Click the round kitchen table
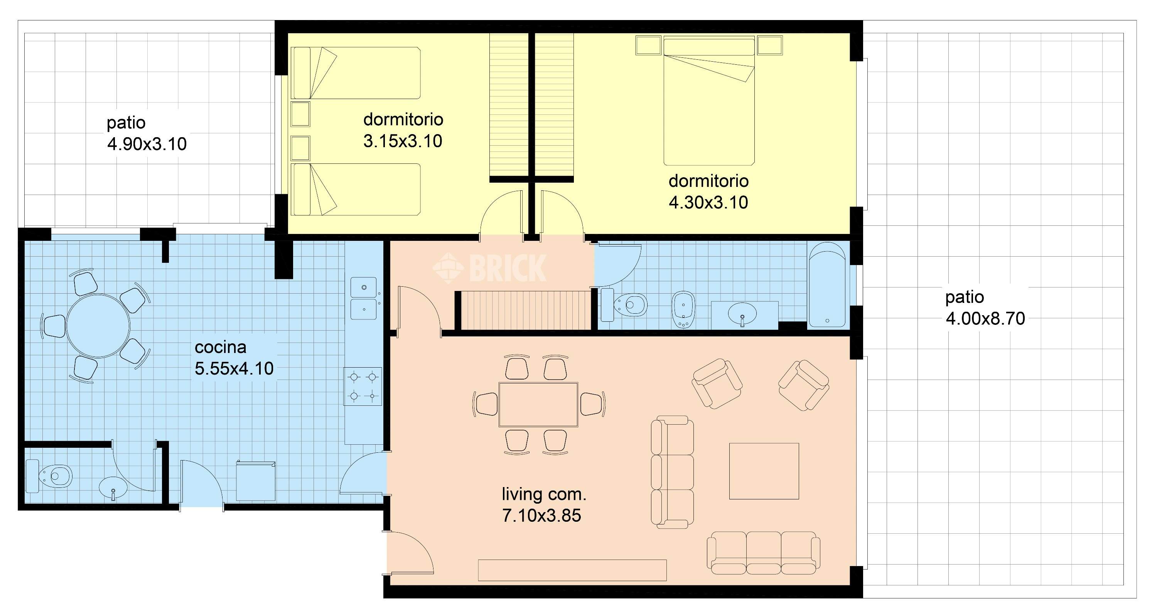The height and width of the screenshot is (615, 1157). pos(98,326)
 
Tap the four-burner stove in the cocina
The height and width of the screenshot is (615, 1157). pos(363,386)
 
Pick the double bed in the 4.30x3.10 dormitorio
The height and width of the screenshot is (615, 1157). pos(709,101)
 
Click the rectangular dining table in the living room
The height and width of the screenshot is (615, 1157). pos(538,404)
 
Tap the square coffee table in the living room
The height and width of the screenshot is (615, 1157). pos(764,471)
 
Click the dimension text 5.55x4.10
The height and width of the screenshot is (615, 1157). pos(234,368)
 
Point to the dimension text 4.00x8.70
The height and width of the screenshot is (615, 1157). pos(985,319)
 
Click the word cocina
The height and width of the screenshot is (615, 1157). pos(221,347)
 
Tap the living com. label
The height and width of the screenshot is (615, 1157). pos(544,494)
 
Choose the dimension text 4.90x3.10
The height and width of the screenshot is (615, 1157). pos(147,144)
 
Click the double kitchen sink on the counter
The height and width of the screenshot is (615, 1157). pos(363,298)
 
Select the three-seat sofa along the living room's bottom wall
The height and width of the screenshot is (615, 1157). pos(764,553)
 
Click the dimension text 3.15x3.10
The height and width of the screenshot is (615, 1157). pos(403,141)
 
